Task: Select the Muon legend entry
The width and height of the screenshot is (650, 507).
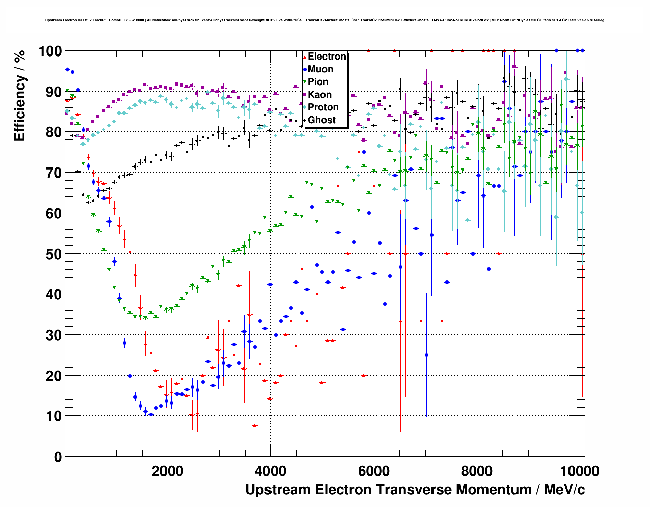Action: [x=320, y=69]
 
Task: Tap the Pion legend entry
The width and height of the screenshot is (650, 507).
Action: [x=318, y=82]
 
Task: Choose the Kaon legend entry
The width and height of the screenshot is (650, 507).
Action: [x=319, y=95]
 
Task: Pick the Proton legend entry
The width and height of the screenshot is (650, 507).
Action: [x=323, y=107]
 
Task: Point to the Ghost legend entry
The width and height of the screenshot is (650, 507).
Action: [x=321, y=120]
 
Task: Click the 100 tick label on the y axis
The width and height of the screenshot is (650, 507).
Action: [x=50, y=51]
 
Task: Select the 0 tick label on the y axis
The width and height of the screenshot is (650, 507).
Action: [x=58, y=457]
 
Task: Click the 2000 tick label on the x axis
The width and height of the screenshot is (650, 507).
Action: [x=168, y=471]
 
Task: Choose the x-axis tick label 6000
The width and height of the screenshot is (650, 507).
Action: [x=374, y=471]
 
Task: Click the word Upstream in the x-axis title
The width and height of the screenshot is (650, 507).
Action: [x=278, y=490]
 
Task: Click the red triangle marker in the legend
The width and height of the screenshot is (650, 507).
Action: [x=305, y=57]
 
